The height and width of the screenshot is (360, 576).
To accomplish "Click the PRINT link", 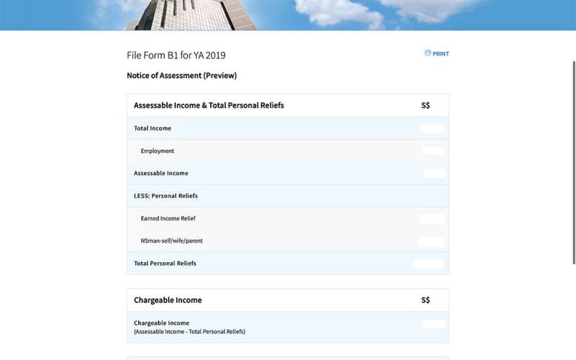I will (x=440, y=54).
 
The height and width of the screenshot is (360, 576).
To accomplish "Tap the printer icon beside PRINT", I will (x=428, y=53).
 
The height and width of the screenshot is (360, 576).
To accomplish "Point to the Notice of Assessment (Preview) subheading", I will (x=181, y=76).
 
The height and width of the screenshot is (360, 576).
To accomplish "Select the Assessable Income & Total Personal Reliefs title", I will (x=209, y=106).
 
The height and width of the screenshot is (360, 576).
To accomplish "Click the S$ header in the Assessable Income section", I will (x=426, y=106).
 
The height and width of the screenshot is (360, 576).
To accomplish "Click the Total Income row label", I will (x=153, y=129).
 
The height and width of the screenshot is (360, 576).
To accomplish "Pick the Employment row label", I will (x=158, y=151).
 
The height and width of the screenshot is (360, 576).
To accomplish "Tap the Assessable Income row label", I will (x=161, y=174).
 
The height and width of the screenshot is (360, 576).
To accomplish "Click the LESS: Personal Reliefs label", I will (x=166, y=196).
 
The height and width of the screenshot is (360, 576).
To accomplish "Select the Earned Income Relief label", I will (x=168, y=218).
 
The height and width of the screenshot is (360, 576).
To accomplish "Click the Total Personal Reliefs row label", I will (x=165, y=264).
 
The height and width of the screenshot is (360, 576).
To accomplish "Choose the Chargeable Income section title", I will (x=168, y=300).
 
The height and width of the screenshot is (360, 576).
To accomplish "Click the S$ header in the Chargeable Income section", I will (x=426, y=300).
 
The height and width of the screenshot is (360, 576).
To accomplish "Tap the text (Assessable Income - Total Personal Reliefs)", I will (x=190, y=332).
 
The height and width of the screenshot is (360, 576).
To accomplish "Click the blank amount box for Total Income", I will (x=433, y=129).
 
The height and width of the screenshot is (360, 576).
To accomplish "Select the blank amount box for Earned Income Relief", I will (x=433, y=218).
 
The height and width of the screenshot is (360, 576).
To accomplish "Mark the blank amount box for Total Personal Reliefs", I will (x=429, y=264).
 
